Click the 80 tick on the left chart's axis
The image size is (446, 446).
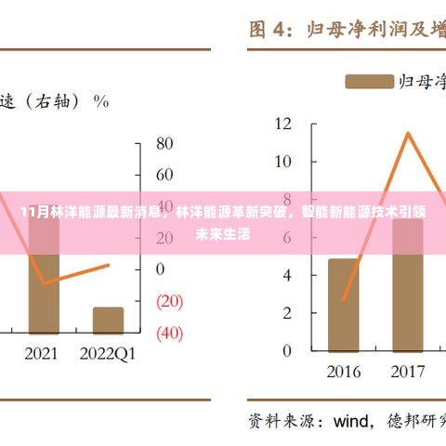[164, 143]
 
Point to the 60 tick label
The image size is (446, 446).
[164, 174]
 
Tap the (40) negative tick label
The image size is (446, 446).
[169, 332]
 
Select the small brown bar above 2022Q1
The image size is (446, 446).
[108, 320]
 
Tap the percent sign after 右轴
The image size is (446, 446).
[102, 100]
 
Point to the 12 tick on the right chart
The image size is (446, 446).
[283, 123]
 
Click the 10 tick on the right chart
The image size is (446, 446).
[283, 161]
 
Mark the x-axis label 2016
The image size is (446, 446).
[344, 372]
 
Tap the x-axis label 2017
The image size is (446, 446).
[407, 372]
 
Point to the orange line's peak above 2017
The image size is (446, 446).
[407, 134]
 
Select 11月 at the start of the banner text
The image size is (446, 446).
[31, 212]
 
